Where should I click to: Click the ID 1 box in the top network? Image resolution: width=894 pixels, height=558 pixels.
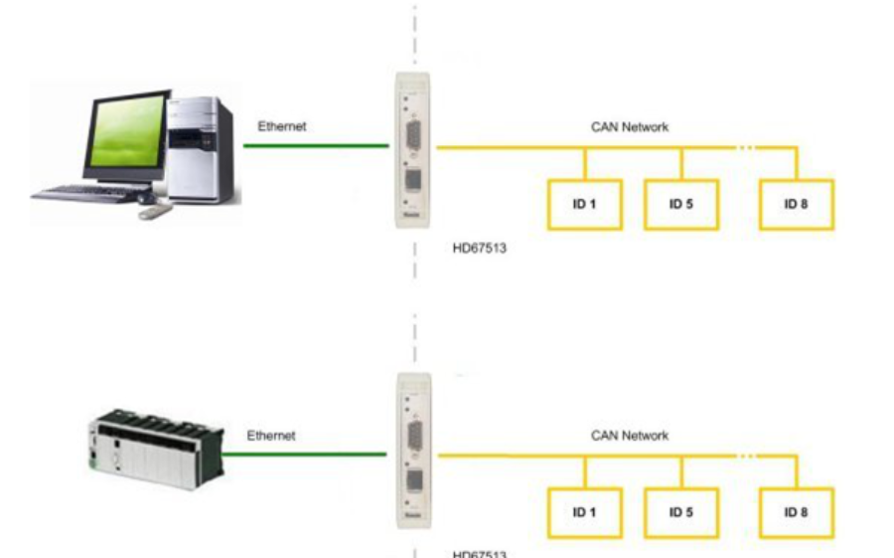584,205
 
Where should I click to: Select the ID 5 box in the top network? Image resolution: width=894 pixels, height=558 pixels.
680,205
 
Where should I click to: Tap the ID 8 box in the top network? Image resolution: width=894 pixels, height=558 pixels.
796,205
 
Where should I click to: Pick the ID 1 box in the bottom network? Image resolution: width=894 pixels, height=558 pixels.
584,513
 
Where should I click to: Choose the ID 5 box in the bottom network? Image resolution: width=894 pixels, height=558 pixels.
680,513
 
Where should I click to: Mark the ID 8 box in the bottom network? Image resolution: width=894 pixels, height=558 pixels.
796,513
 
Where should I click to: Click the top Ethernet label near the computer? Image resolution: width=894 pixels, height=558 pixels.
282,126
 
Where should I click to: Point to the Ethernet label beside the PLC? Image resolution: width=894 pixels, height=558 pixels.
271,435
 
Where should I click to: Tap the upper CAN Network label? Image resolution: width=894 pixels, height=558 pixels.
630,126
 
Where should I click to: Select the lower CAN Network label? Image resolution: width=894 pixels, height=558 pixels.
630,435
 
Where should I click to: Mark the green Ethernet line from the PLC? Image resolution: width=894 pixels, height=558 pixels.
304,456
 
